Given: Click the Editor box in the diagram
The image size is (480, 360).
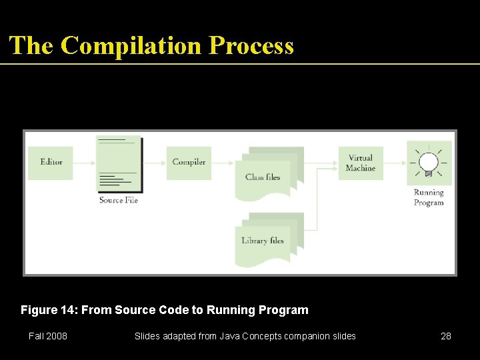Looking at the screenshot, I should [x=51, y=163].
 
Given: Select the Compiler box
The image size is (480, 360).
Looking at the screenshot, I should [x=189, y=163].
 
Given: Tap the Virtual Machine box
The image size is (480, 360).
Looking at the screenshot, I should [x=361, y=163].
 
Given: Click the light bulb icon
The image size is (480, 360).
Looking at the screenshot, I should [x=429, y=163].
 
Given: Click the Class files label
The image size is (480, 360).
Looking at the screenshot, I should [x=263, y=177].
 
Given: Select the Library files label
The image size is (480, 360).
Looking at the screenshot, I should [x=263, y=241].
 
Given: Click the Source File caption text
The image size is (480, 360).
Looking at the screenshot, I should [x=119, y=200].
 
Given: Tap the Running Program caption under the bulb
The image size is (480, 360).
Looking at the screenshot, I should [x=429, y=198].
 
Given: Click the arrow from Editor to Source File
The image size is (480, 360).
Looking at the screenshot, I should [x=85, y=163].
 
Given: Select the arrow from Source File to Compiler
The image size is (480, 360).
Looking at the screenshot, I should [x=153, y=163].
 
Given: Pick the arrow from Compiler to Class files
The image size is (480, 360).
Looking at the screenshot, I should [x=223, y=163].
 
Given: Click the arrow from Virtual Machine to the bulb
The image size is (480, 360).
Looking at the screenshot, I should [x=395, y=163].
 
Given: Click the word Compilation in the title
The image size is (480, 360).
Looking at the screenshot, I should [x=131, y=46].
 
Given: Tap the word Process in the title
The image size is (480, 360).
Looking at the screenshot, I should [x=251, y=46].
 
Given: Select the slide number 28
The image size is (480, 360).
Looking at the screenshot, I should [x=446, y=336].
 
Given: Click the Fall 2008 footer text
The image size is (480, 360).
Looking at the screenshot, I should [x=48, y=336].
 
